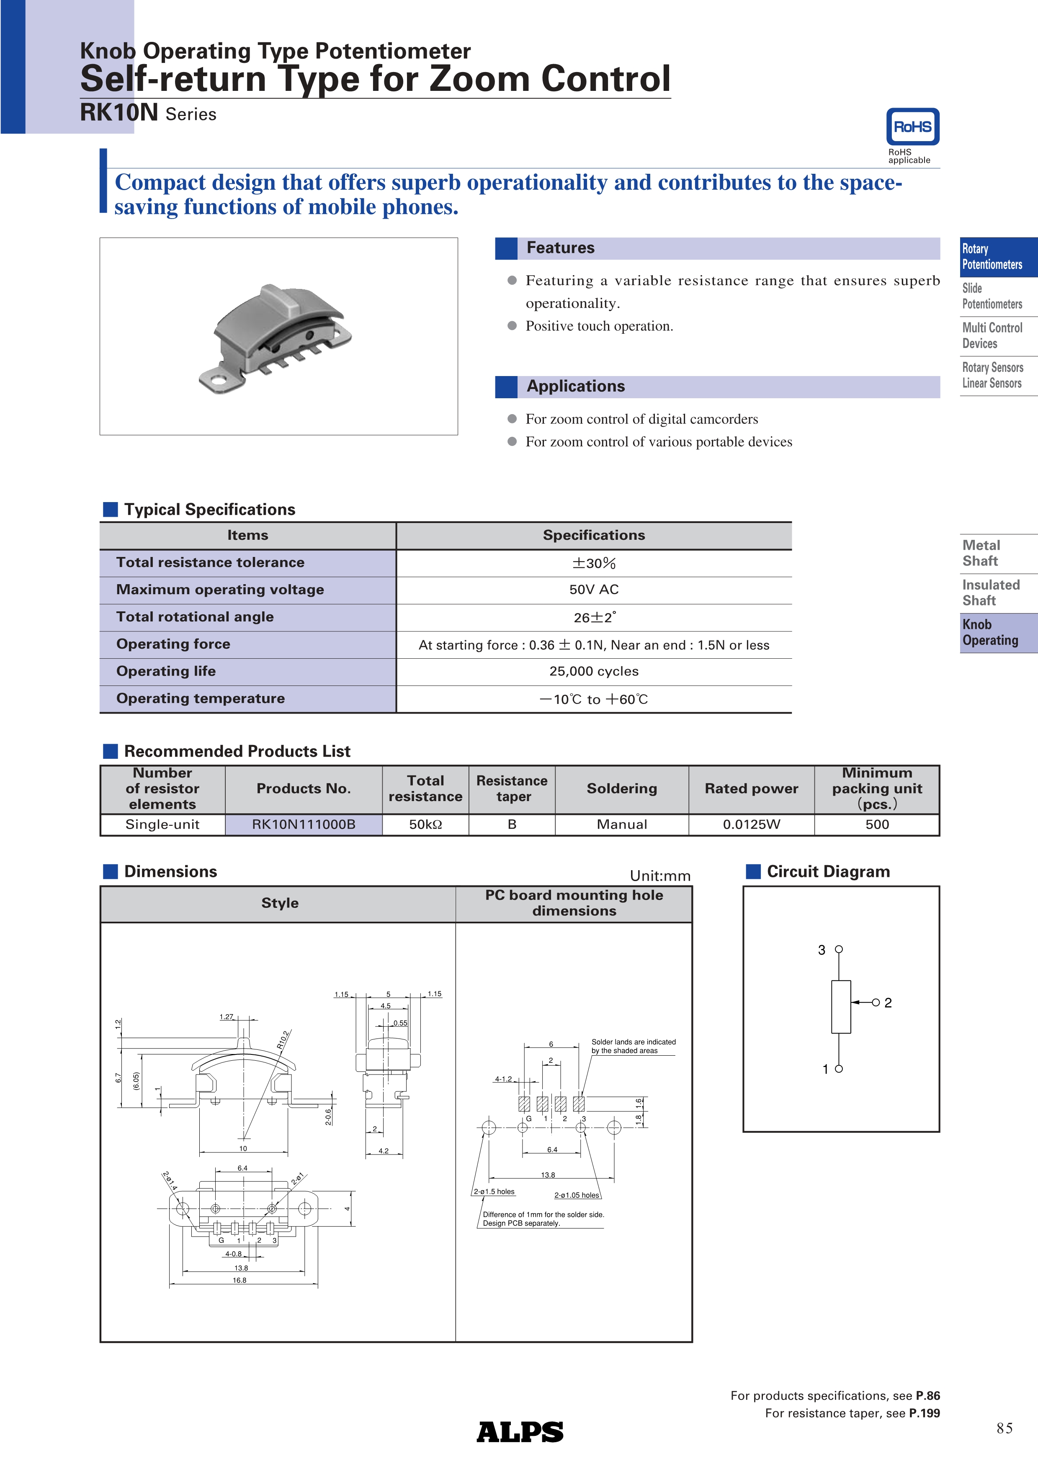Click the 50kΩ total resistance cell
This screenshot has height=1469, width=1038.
pyautogui.click(x=425, y=825)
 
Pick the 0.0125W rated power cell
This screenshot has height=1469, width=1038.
pyautogui.click(x=752, y=825)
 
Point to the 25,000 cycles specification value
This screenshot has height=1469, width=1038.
pyautogui.click(x=593, y=671)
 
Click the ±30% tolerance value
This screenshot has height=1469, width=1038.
pyautogui.click(x=593, y=563)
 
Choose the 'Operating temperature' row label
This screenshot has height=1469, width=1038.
pyautogui.click(x=200, y=698)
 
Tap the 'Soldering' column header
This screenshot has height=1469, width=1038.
pyautogui.click(x=622, y=789)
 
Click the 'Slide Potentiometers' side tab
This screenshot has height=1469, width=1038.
pyautogui.click(x=992, y=296)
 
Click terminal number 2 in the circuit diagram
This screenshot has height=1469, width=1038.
pyautogui.click(x=888, y=1003)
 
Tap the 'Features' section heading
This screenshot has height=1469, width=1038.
pyautogui.click(x=560, y=248)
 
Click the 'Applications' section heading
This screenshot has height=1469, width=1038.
pyautogui.click(x=576, y=387)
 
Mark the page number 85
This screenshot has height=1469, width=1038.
pyautogui.click(x=1004, y=1428)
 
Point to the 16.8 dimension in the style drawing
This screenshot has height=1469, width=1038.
pyautogui.click(x=240, y=1280)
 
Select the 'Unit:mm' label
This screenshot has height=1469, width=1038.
pyautogui.click(x=660, y=876)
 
